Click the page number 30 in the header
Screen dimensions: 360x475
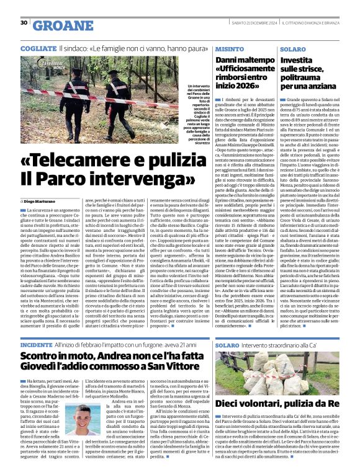(24, 24)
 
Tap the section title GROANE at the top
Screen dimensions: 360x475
(57, 25)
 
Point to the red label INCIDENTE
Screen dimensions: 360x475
(36, 344)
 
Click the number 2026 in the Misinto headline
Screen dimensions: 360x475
(251, 86)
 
